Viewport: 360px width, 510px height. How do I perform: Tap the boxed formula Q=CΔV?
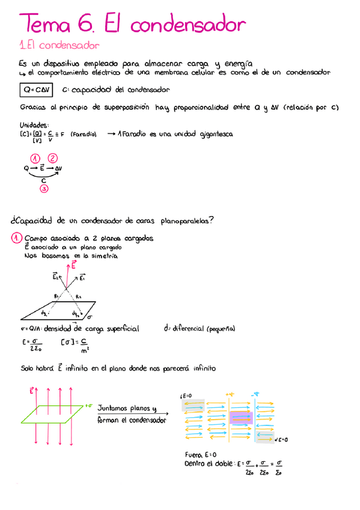point(35,90)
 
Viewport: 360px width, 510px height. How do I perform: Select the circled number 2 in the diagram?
point(53,158)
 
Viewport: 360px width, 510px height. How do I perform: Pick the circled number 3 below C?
point(44,189)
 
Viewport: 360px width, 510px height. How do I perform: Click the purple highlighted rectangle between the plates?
point(241,419)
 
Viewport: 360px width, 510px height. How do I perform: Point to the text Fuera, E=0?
point(201,455)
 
